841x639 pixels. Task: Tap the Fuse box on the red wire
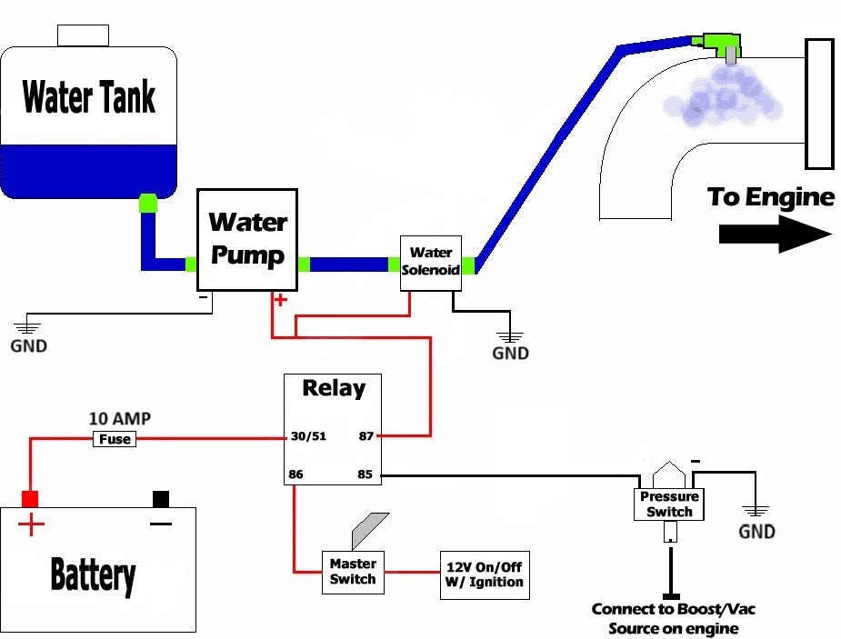115,439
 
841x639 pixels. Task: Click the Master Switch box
352,572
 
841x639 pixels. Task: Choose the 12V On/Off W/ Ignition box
484,574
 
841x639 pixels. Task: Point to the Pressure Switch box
669,504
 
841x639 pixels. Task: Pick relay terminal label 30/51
308,436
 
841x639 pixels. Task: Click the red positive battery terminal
30,498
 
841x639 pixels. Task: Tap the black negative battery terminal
161,498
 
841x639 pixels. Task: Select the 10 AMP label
120,419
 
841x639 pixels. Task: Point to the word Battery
94,574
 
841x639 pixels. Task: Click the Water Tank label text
88,97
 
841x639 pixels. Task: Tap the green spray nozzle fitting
719,42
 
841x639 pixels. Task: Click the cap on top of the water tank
83,35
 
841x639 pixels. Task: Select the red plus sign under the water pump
281,300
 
